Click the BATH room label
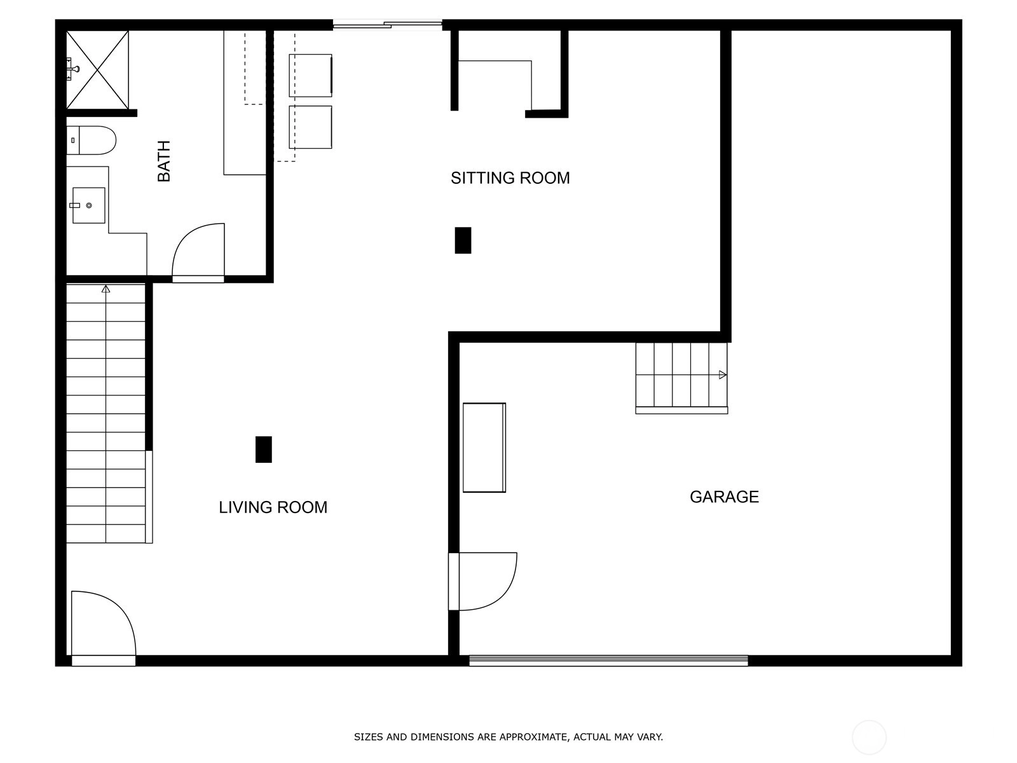point(164,162)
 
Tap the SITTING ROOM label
point(510,178)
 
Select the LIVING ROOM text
point(273,507)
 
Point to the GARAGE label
point(724,497)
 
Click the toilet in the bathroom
point(91,140)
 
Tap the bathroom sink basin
point(88,205)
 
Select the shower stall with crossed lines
point(97,70)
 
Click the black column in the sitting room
point(463,240)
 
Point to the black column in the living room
point(264,450)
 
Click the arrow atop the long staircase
point(106,289)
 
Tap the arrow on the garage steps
point(722,375)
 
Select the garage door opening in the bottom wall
point(608,661)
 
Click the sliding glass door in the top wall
point(387,25)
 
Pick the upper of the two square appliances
point(310,76)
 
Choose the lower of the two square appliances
point(310,127)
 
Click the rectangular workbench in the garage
point(484,448)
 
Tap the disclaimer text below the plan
point(508,736)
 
